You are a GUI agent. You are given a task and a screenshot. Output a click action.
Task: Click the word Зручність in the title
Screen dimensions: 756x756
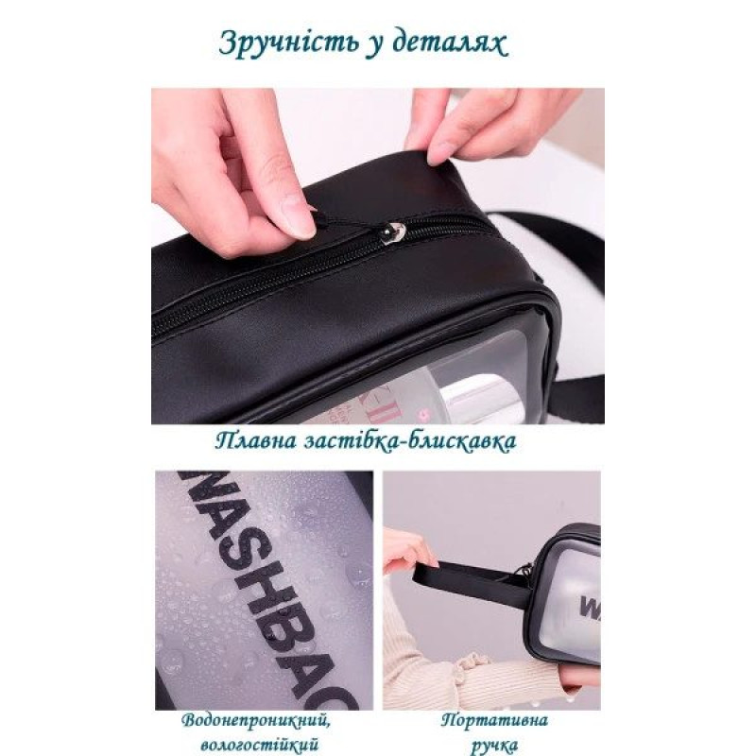point(289,43)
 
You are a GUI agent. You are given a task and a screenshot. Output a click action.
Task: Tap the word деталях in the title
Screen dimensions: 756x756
point(451,43)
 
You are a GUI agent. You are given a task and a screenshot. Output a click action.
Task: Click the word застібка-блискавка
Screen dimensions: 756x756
point(410,440)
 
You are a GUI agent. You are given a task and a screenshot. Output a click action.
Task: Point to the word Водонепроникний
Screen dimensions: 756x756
point(256,721)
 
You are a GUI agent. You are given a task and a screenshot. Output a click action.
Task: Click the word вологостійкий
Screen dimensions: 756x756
point(259,744)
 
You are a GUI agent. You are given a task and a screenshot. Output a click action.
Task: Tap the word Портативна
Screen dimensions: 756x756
point(494,720)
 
